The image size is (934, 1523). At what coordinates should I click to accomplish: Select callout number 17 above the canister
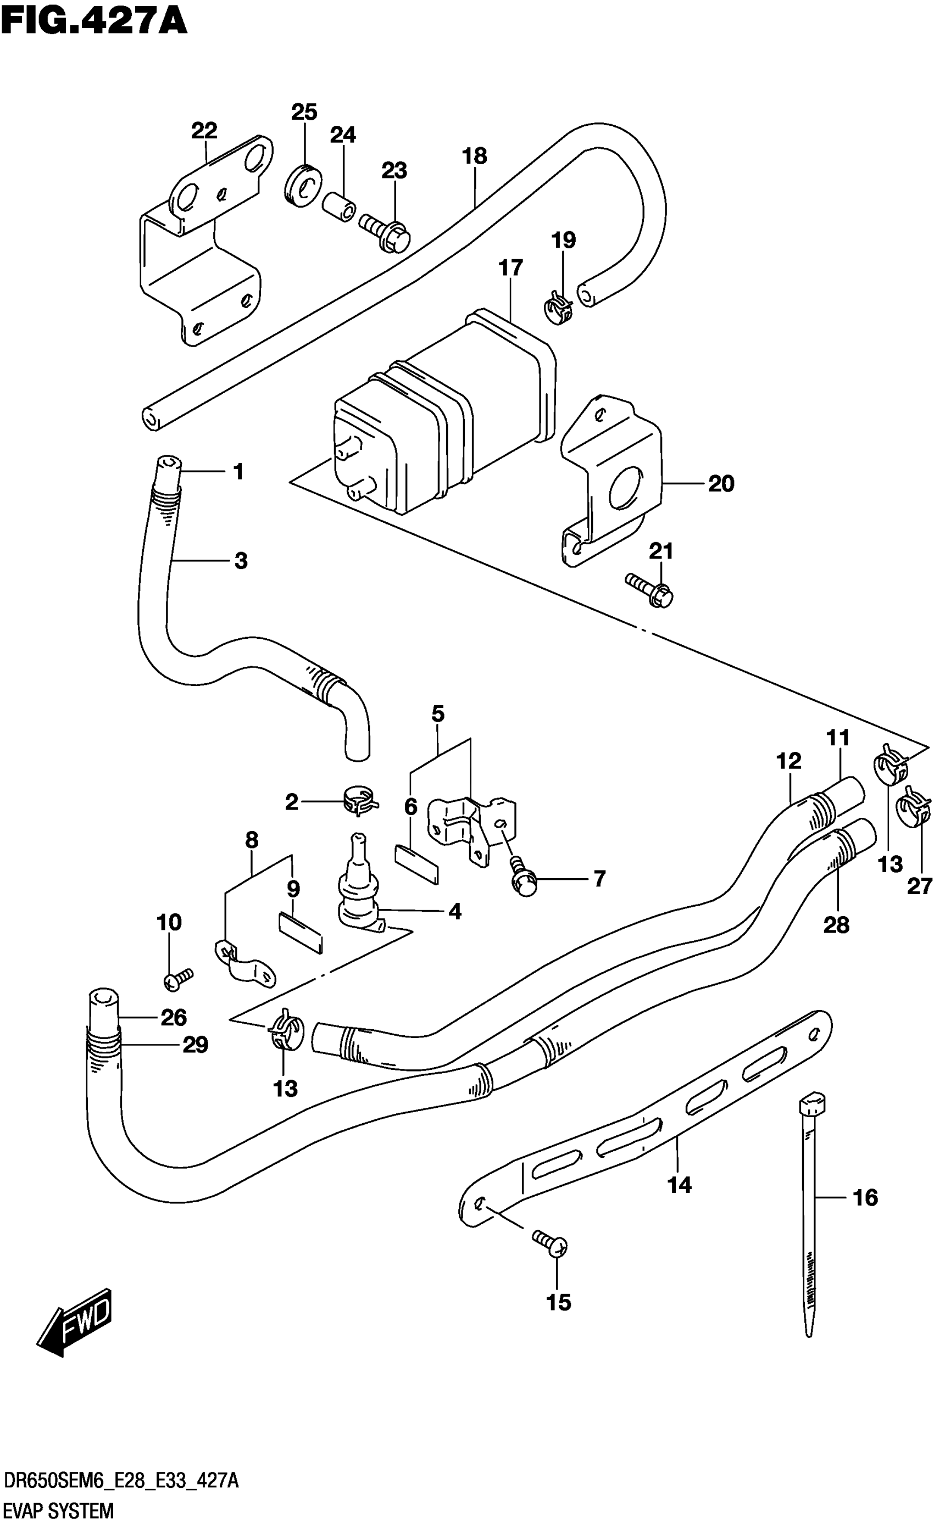tap(510, 267)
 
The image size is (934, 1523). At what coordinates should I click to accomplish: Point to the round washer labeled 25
tap(303, 184)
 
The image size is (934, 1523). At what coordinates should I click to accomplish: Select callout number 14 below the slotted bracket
tap(679, 1184)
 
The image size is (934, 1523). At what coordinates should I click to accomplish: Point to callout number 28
tap(836, 925)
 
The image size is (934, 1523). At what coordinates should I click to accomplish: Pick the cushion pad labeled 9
tap(301, 932)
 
